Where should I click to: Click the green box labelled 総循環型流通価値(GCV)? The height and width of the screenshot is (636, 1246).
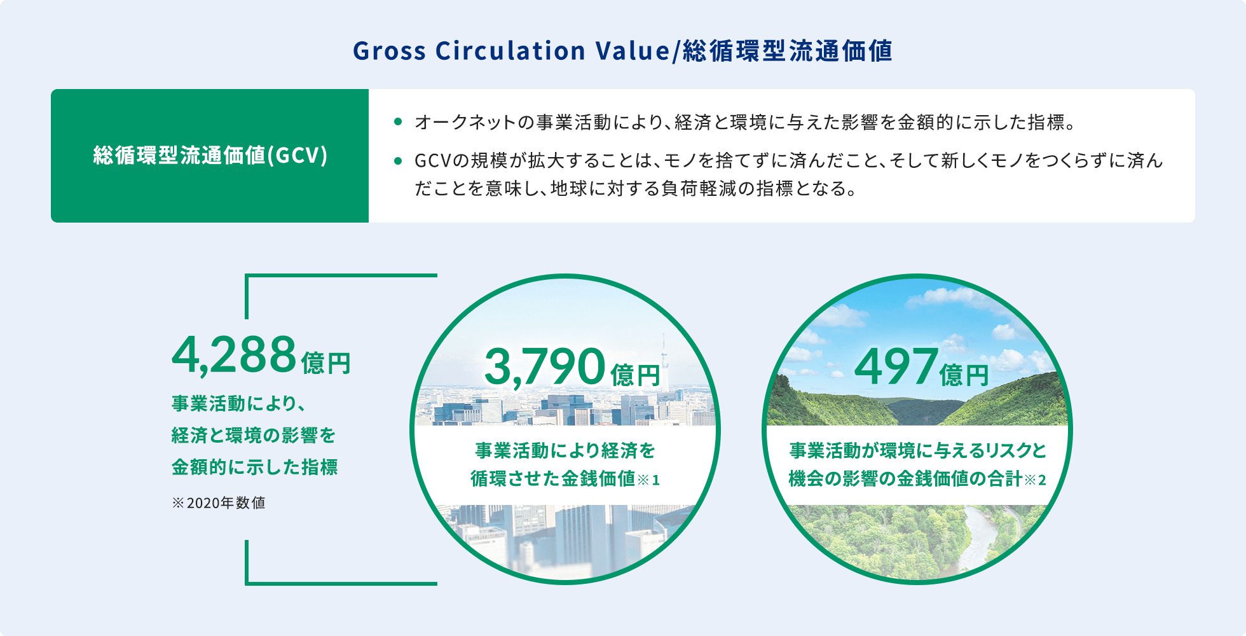click(210, 156)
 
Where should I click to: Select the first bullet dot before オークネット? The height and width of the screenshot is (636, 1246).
click(398, 121)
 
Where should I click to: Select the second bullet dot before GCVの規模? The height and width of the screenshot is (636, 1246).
click(398, 161)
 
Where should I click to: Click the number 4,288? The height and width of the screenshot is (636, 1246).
click(234, 354)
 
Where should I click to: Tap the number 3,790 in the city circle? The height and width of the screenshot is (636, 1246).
click(544, 367)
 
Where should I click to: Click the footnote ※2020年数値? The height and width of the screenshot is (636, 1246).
click(219, 502)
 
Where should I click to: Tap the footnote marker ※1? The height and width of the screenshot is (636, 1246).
click(648, 480)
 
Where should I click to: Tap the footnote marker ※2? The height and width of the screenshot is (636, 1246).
click(1035, 480)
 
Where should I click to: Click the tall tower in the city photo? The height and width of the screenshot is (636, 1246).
click(664, 359)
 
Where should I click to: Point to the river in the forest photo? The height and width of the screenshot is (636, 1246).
click(982, 541)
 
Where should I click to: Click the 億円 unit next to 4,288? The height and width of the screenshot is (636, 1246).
click(326, 363)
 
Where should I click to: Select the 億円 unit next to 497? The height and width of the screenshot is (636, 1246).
click(964, 375)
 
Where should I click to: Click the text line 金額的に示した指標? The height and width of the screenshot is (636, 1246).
click(254, 467)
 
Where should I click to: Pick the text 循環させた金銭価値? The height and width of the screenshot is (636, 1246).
click(553, 478)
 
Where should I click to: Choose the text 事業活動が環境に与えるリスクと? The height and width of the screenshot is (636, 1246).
click(918, 450)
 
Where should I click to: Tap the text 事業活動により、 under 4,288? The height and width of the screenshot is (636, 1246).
click(239, 403)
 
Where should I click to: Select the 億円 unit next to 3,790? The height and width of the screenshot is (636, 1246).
click(635, 375)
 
